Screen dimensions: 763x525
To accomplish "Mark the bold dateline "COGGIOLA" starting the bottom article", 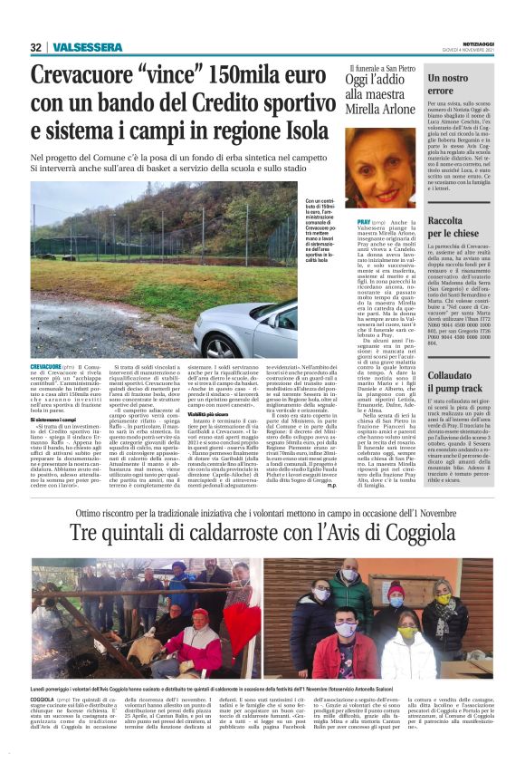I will coord(43,700).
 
